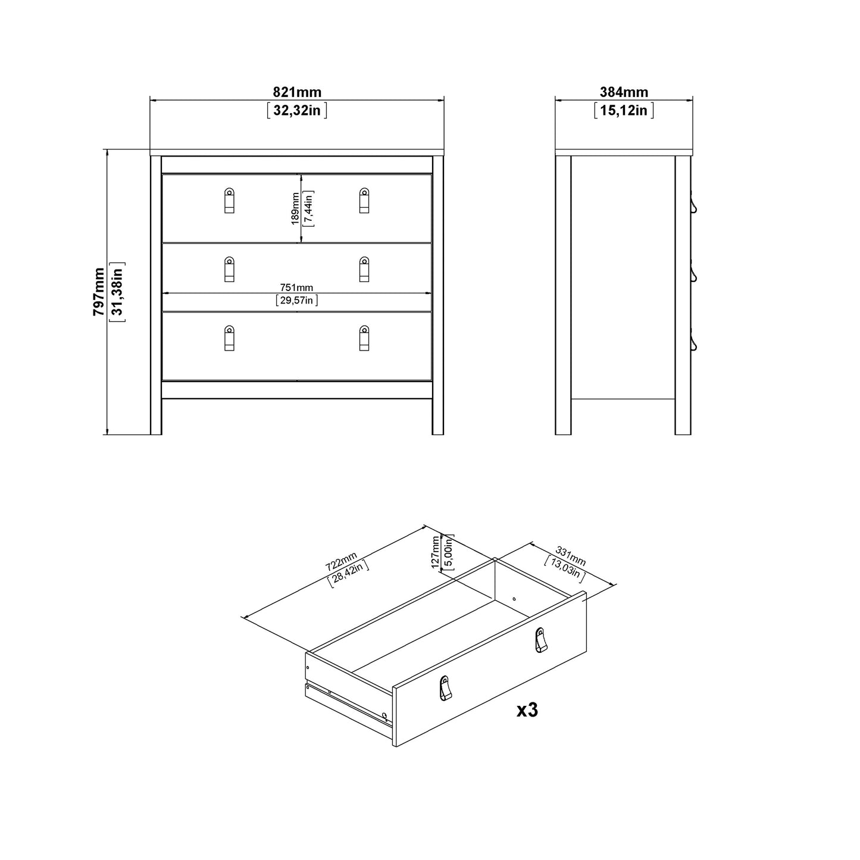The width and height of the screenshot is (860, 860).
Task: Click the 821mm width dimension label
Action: pos(297,92)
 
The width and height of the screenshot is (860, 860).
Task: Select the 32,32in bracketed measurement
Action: pos(297,110)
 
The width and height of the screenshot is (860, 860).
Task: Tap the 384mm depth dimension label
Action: pos(624,92)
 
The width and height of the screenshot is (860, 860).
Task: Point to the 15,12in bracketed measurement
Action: pos(624,110)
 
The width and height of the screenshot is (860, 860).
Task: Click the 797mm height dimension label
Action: pos(99,292)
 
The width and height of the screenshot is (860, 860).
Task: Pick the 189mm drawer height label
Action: pos(295,208)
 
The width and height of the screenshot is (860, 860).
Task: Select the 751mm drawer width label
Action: pos(297,287)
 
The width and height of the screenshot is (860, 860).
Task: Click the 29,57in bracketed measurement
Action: pos(297,301)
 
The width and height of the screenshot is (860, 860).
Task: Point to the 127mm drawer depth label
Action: pos(436,552)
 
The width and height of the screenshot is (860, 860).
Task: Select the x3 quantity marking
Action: pos(527,709)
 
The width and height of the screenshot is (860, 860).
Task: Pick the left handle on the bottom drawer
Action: pos(229,338)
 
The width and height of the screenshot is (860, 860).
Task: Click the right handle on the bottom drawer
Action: pos(364,338)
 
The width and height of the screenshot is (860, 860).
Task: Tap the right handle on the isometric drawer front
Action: pos(540,639)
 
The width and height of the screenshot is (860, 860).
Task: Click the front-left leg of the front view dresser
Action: pos(156,417)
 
